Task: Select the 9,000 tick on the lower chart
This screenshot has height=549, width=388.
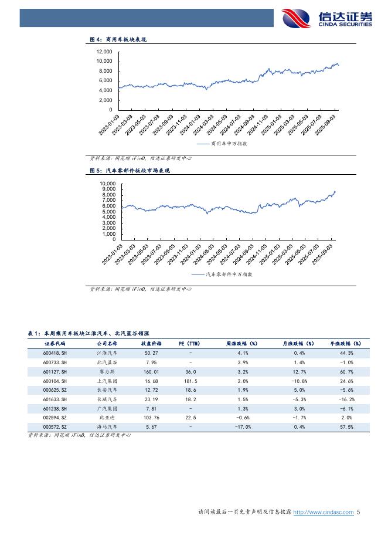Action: pos(107,189)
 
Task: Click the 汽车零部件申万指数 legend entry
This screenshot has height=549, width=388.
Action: pos(230,274)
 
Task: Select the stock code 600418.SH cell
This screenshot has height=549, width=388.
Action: pos(56,353)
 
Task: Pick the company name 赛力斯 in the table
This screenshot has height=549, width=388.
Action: pos(106,372)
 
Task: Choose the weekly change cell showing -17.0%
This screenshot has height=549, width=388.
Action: pos(243,427)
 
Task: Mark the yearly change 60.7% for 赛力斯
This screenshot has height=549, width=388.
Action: pos(346,372)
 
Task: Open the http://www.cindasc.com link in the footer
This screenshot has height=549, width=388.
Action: pos(323,512)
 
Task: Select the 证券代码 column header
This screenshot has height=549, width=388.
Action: pos(56,343)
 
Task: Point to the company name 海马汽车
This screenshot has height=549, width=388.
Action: pos(106,427)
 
